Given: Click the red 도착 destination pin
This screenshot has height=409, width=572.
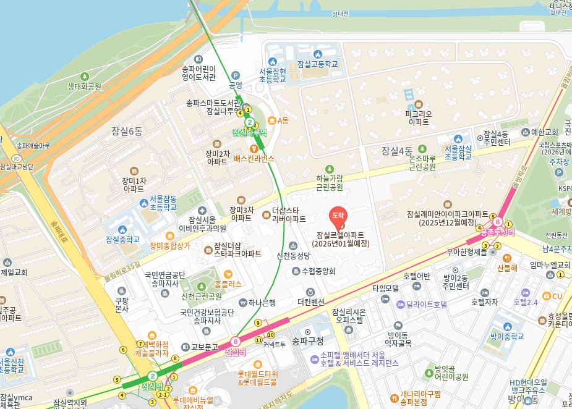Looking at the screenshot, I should coord(338,216).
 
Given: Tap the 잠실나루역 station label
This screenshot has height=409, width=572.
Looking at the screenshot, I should coord(249,132).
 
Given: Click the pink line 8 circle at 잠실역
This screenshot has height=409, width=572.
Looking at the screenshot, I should coord(235,341).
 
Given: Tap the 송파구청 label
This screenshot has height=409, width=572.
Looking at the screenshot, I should coord(307,340).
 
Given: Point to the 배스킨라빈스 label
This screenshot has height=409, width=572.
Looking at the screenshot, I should coord(254,158).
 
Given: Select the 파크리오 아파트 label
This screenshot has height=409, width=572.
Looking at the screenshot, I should coord(419,118).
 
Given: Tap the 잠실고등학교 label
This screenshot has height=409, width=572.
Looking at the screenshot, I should coord(318,64).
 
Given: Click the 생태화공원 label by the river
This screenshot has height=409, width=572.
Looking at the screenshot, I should coord(84,86).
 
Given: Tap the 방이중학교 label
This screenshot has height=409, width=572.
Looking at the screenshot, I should coord(507,337).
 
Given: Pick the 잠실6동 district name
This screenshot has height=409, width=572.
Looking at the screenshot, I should coord(127,131).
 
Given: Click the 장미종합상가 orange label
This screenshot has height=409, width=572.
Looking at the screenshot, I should coord(170,245).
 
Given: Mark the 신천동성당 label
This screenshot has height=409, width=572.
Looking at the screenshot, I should coord(293,255).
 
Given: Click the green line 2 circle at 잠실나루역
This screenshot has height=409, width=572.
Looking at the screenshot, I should coord(250,122).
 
